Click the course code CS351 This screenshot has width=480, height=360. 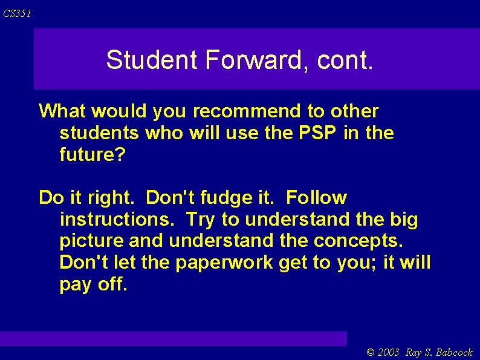(x=16, y=13)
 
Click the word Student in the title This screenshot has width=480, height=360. (x=151, y=60)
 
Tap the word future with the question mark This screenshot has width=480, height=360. (x=92, y=155)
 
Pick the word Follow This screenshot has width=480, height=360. (x=317, y=198)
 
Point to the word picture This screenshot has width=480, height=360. (x=92, y=241)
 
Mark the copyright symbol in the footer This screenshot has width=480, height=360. (x=371, y=352)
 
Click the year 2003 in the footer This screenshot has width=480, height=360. (x=388, y=352)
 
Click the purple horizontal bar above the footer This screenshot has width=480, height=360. (x=174, y=338)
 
